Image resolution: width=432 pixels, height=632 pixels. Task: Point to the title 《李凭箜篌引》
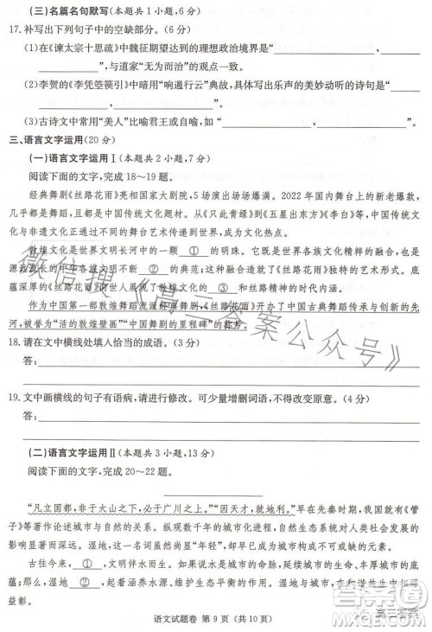[98, 86]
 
